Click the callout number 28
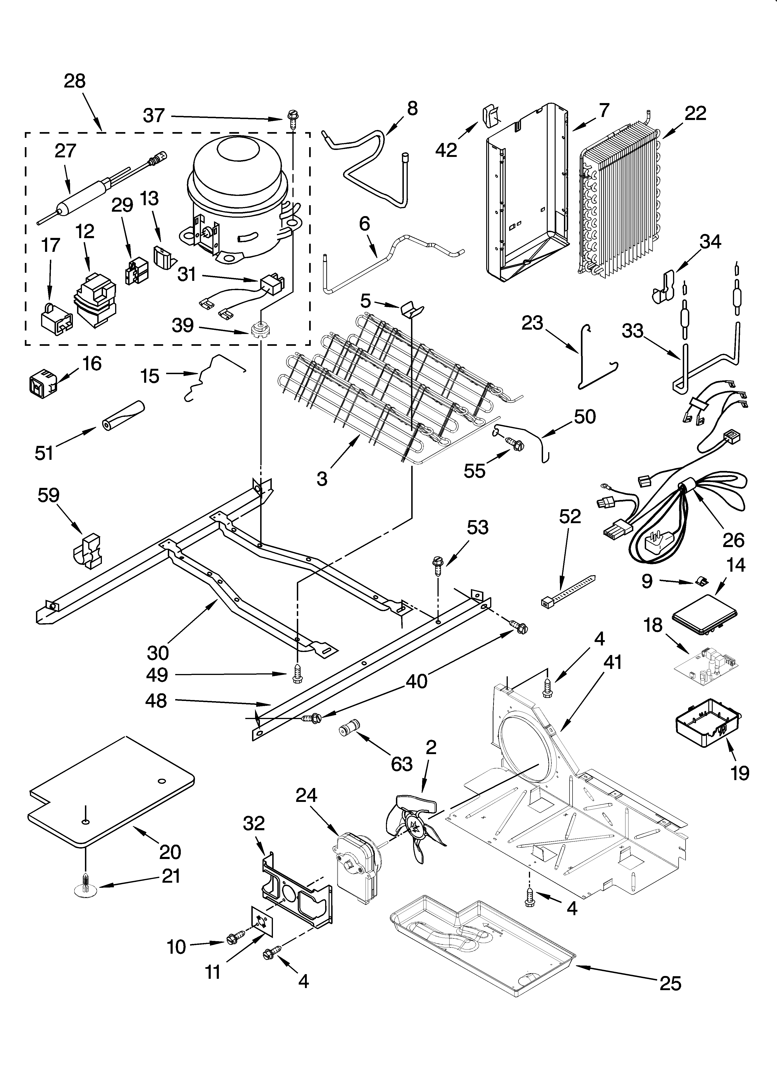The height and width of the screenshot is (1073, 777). click(75, 81)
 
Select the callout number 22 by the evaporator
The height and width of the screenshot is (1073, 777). click(695, 113)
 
